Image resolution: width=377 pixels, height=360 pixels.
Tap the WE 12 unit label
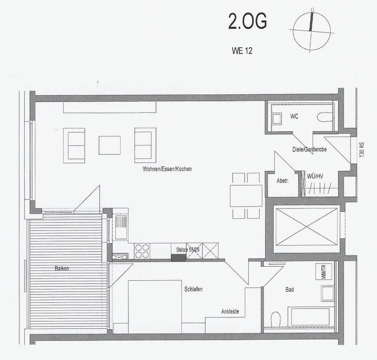tap(242, 51)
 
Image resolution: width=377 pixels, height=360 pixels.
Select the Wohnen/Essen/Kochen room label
tap(168, 169)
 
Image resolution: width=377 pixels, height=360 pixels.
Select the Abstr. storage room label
tap(282, 181)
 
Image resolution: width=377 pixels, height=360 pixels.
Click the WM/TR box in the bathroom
tap(324, 272)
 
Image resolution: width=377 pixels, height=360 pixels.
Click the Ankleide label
tap(230, 311)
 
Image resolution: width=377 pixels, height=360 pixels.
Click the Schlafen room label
tap(193, 289)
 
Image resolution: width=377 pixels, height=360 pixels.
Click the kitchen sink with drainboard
tap(120, 227)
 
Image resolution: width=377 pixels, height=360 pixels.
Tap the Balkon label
tap(61, 268)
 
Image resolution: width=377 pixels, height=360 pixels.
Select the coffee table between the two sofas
tap(109, 145)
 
